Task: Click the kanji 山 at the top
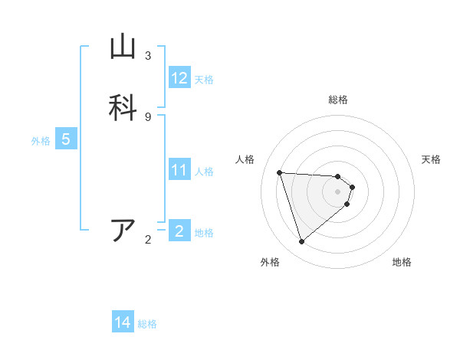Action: (x=123, y=47)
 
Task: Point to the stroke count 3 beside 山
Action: (x=148, y=56)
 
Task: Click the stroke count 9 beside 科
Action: (x=148, y=116)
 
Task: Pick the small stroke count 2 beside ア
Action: (x=148, y=241)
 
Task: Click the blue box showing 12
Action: (x=179, y=78)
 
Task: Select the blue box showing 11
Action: (x=179, y=170)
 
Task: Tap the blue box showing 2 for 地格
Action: (x=179, y=231)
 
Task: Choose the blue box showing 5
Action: (x=66, y=140)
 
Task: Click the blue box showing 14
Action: (x=123, y=323)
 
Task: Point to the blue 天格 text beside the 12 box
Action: (x=204, y=80)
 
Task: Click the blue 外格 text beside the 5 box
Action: (x=41, y=141)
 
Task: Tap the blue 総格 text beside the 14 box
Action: (x=147, y=324)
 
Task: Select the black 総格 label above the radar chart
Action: (x=338, y=100)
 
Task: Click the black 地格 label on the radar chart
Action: (x=402, y=263)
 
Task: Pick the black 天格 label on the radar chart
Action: (x=432, y=159)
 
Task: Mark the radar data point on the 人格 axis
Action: (x=280, y=172)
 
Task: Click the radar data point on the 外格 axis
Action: (x=301, y=241)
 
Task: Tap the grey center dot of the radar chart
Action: (x=338, y=191)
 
